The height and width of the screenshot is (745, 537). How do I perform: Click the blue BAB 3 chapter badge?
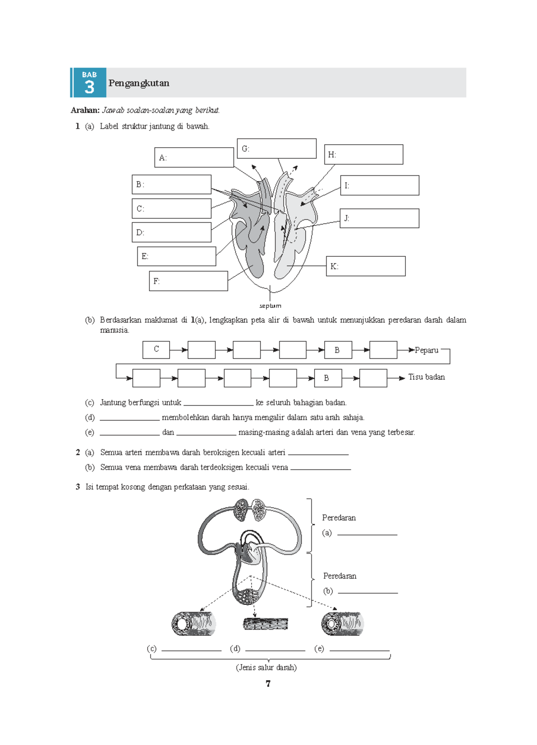pos(89,82)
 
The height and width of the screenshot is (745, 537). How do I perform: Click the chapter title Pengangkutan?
pos(139,83)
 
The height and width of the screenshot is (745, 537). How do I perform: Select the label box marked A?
pos(194,158)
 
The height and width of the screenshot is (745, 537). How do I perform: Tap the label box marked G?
pos(277,149)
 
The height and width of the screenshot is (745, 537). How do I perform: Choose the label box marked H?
pos(364,154)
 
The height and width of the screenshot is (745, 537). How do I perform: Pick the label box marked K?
pos(366,266)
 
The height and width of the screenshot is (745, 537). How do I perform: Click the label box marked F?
pos(188,281)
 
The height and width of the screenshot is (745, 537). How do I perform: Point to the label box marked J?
pos(379,218)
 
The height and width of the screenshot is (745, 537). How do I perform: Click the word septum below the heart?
pos(270,306)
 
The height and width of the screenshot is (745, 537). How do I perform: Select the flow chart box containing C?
pos(156,349)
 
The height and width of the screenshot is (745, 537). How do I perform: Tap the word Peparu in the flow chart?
pos(426,350)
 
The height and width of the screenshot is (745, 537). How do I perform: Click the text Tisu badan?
pos(426,377)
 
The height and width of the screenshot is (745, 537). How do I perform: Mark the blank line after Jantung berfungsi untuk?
pos(218,405)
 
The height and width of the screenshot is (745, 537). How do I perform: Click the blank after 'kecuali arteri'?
pos(319,455)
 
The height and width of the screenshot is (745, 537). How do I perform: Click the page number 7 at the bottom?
pos(268,683)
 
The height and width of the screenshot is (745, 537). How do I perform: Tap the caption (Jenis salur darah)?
pos(266,668)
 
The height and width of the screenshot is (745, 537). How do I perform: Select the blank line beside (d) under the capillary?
pos(275,650)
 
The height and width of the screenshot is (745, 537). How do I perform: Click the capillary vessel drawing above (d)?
pos(265,624)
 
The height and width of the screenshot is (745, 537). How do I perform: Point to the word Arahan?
pos(85,110)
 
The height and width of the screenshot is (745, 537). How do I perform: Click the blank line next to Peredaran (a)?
pos(367,534)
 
